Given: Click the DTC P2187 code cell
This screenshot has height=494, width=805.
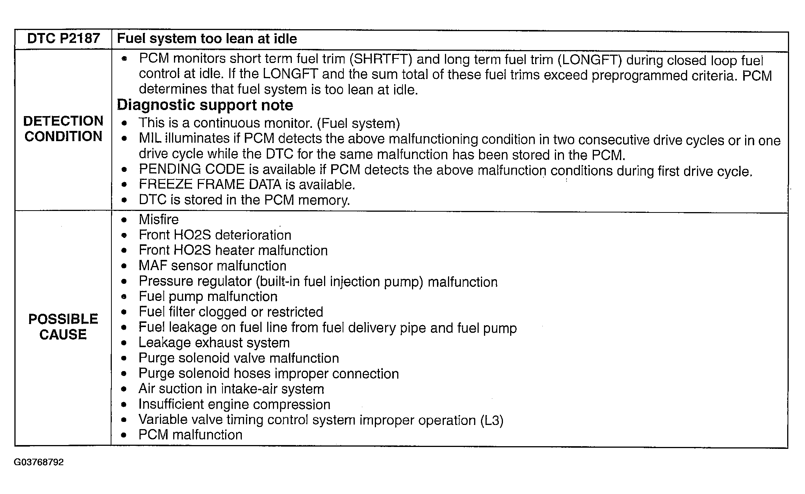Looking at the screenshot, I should click(63, 39).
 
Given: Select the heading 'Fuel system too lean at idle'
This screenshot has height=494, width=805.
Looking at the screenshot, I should click(207, 39).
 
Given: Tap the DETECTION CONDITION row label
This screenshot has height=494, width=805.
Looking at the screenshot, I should click(63, 129).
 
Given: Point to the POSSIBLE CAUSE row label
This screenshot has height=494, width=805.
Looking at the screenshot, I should click(63, 327).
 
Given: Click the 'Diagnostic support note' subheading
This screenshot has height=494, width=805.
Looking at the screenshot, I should click(205, 105).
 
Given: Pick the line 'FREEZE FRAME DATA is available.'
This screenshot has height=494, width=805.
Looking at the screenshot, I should click(247, 185).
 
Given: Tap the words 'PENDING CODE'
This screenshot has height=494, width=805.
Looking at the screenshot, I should click(192, 169).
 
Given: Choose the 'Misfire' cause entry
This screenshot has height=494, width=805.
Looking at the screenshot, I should click(158, 219).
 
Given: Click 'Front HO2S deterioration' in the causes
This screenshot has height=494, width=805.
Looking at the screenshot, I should click(215, 235).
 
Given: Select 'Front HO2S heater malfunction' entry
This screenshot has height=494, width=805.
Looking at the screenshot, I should click(233, 250).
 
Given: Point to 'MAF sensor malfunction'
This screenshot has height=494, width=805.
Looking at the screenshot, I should click(212, 266).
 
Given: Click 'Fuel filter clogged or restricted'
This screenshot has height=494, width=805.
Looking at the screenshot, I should click(231, 312).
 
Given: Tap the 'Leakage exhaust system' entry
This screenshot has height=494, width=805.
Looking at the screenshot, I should click(214, 343).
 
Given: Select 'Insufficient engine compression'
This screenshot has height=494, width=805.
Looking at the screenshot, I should click(234, 404).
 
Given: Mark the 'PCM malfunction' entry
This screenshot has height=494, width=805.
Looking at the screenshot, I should click(190, 435).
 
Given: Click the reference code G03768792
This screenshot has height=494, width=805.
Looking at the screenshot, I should click(39, 462).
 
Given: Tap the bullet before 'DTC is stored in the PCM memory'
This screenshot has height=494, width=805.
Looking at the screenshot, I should click(124, 200).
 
